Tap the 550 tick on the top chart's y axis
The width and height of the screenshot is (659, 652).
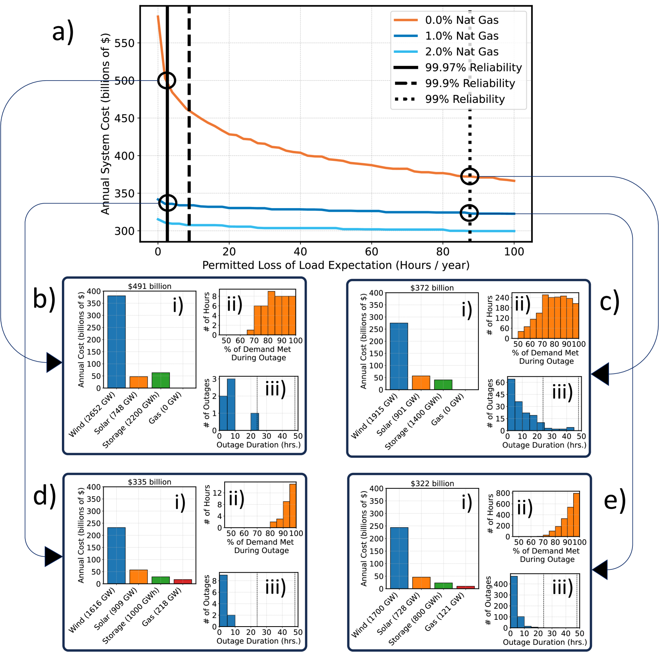(124, 43)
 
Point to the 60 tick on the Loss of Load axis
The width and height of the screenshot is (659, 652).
(371, 252)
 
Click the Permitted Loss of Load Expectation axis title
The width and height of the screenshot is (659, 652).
(336, 265)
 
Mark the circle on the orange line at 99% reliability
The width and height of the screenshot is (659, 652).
(470, 176)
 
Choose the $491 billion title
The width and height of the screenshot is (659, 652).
(150, 286)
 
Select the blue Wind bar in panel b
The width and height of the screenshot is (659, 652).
(117, 341)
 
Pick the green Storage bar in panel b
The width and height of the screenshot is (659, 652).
(161, 380)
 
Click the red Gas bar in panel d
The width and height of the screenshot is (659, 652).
(183, 581)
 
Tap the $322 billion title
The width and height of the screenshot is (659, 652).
(432, 484)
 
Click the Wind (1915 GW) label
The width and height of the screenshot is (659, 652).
(374, 416)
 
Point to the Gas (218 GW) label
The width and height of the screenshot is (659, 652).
(162, 606)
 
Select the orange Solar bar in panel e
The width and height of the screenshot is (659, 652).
(421, 583)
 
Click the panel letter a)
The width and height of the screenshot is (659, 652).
(63, 32)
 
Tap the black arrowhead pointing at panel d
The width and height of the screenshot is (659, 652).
(53, 556)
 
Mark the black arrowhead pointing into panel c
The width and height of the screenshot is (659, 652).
(600, 374)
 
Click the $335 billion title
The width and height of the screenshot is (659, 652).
(150, 482)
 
